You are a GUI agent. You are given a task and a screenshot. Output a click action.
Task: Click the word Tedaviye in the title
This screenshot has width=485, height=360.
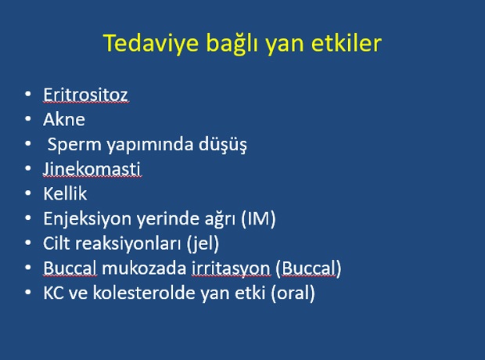151,43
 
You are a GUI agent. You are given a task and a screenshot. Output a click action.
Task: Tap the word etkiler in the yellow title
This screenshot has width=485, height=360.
347,43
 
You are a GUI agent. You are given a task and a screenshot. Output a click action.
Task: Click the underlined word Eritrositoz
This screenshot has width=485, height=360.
86,95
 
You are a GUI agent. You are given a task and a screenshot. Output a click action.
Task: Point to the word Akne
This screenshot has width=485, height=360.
64,119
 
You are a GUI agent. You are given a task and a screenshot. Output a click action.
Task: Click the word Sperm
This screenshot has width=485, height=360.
74,145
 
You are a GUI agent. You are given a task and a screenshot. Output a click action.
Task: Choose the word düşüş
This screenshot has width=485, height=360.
223,145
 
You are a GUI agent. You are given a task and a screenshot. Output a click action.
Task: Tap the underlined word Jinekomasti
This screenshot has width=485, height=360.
92,169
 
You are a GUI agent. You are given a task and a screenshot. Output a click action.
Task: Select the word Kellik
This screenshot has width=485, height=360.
65,194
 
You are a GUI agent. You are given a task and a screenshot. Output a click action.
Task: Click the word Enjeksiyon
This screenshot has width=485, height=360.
88,219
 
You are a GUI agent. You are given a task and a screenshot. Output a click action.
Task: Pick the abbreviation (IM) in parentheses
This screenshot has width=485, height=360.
258,219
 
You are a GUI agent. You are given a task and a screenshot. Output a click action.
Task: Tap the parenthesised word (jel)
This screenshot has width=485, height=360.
203,244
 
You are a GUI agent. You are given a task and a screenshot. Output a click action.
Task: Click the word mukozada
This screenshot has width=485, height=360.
144,268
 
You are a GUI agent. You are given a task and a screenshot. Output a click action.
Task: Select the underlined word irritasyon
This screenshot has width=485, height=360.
231,268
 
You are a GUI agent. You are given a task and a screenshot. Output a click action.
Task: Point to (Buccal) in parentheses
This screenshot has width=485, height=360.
308,268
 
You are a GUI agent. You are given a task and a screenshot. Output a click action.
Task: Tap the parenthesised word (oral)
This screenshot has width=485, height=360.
293,293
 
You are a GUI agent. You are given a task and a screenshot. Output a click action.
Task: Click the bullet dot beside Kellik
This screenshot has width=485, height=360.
28,193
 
